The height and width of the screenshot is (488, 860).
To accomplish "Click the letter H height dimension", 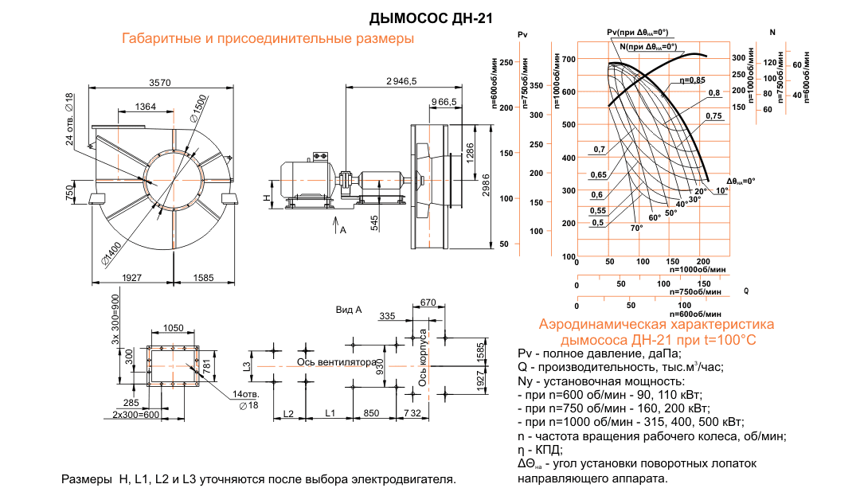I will [268, 193].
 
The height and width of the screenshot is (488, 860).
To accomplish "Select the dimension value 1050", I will [174, 328].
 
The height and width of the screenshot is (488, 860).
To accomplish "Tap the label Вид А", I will [349, 309].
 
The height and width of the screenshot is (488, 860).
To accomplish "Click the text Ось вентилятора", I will [336, 361].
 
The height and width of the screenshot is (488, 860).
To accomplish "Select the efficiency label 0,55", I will [597, 210].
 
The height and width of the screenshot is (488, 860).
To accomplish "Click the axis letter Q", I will [746, 291].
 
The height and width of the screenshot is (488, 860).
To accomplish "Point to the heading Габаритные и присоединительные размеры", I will [268, 38].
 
